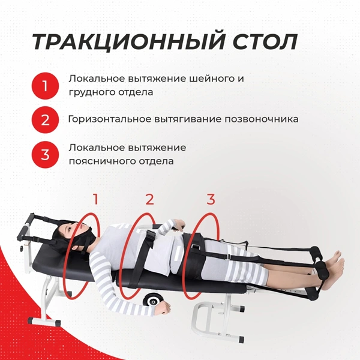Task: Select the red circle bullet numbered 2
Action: [x=45, y=119]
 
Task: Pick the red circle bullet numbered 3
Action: [x=45, y=154]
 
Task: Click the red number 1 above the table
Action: [x=94, y=199]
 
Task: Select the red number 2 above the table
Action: [x=149, y=199]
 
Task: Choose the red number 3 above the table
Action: [x=210, y=199]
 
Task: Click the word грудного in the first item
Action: [x=88, y=92]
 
